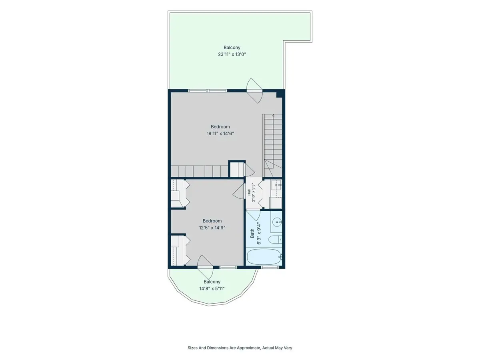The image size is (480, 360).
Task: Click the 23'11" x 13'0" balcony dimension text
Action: click(232, 54)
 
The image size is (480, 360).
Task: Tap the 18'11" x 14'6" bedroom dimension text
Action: click(220, 133)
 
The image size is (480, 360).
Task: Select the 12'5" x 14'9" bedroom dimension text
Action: click(212, 228)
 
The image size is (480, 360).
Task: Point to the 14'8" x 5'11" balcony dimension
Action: click(212, 288)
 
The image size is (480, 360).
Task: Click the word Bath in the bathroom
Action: click(252, 233)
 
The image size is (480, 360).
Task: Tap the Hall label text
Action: click(249, 192)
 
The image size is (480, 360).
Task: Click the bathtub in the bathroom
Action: click(264, 257)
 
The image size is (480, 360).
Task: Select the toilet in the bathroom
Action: click(275, 240)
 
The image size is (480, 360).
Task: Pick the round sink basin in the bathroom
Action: click(277, 222)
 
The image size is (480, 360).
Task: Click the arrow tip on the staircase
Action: click(273, 115)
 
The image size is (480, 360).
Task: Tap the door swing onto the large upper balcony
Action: click(254, 90)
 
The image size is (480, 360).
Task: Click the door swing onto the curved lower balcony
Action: click(205, 267)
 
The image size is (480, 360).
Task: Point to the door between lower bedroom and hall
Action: click(239, 191)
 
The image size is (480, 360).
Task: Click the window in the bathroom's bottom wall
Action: click(270, 267)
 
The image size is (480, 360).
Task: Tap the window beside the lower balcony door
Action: click(228, 267)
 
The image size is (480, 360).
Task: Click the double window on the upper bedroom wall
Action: click(208, 90)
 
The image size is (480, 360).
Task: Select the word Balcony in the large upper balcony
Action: click(232, 48)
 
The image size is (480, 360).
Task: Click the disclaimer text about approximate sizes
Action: click(240, 348)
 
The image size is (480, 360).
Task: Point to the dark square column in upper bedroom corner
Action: click(279, 94)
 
